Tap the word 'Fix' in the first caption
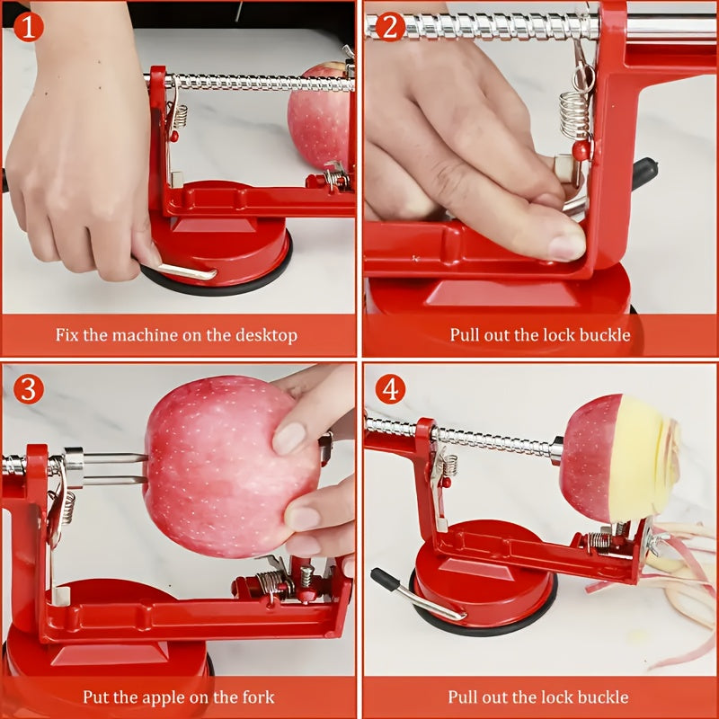[x=67, y=335]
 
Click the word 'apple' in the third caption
[x=169, y=697]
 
